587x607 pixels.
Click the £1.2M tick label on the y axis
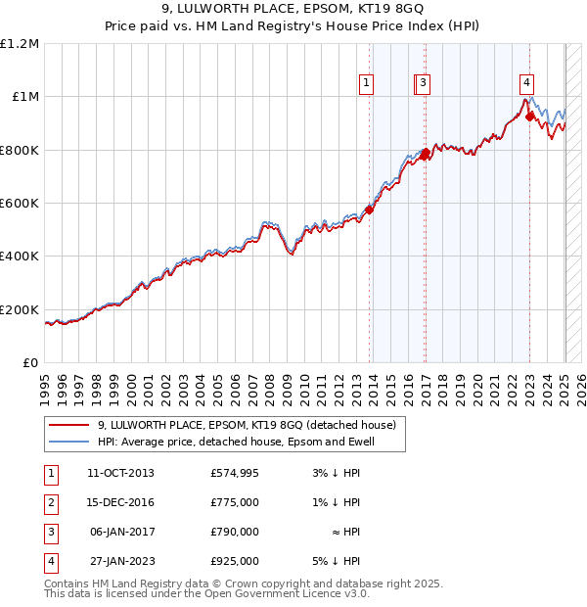coord(20,44)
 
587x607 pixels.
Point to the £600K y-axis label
coord(20,204)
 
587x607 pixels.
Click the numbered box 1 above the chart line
coord(366,84)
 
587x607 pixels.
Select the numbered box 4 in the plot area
coord(526,84)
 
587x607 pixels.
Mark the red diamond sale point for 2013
coord(369,210)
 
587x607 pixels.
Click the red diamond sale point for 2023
coord(529,117)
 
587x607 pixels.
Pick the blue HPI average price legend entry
coord(236,442)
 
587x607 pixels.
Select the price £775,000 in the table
coord(235,502)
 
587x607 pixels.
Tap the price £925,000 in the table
coord(235,561)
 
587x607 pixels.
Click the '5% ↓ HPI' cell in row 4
coord(337,561)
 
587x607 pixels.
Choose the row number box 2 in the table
coord(49,502)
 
